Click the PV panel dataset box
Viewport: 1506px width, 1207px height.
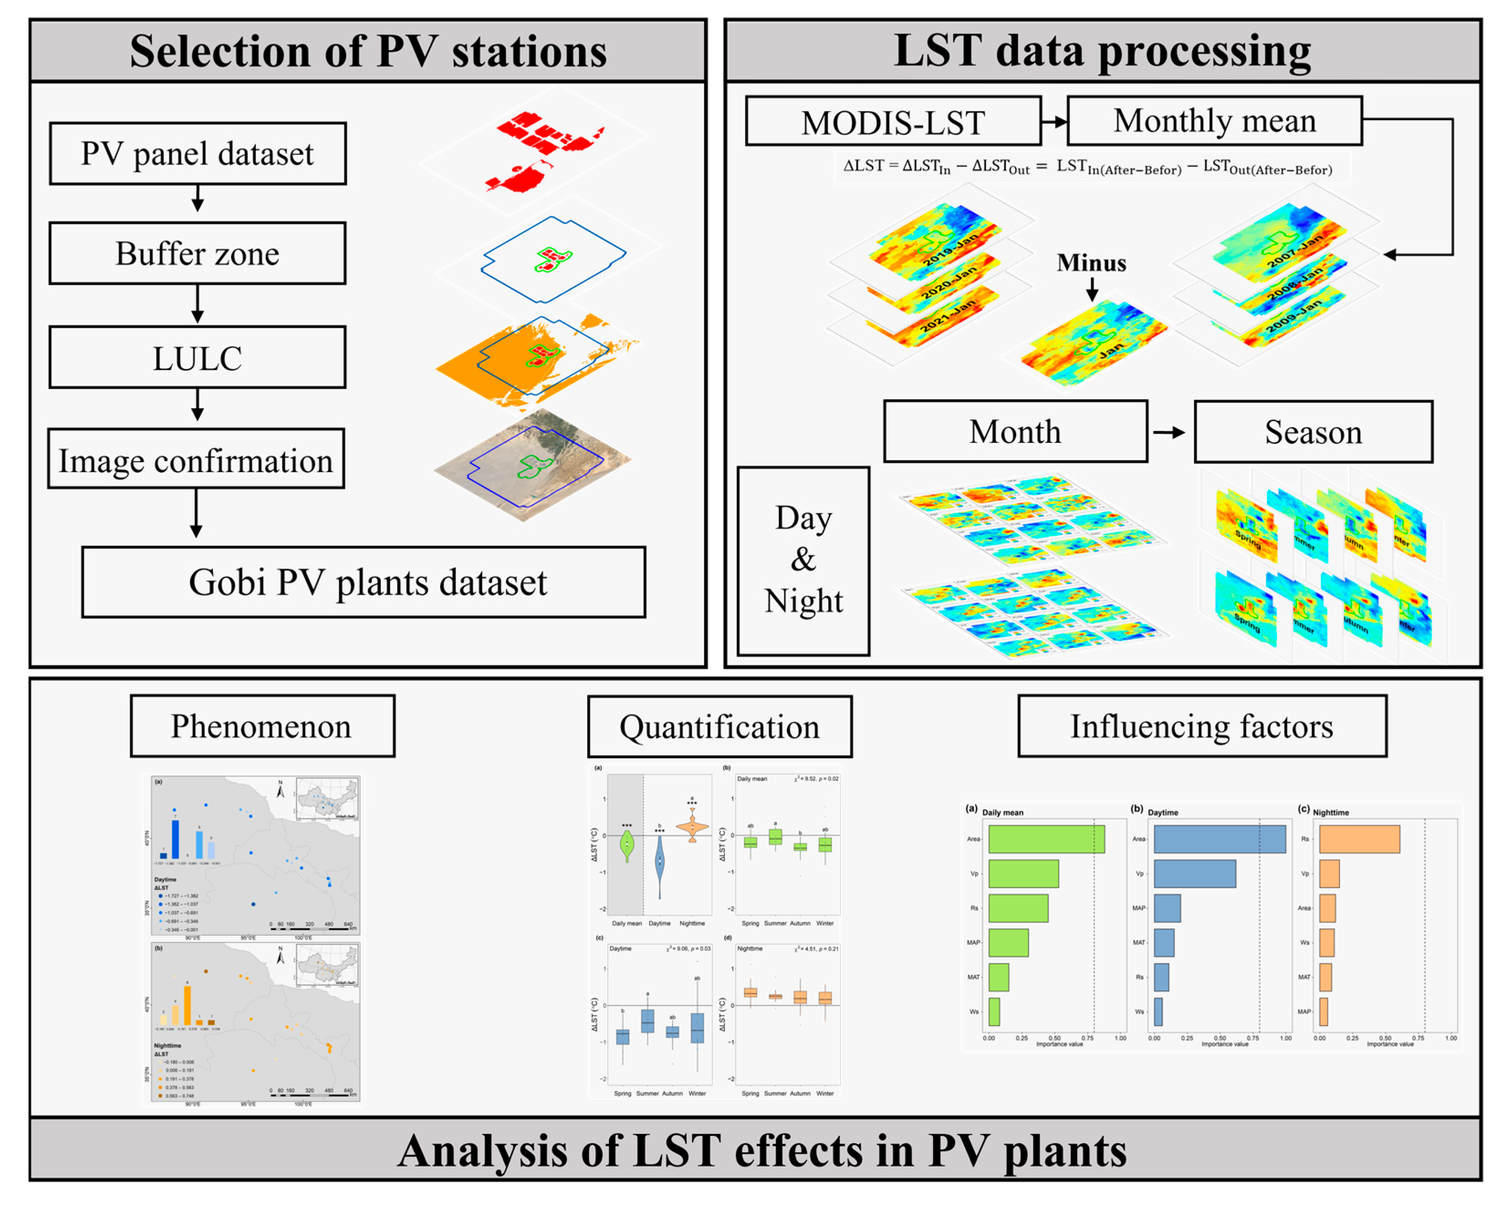(198, 154)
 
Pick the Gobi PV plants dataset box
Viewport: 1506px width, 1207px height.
(363, 582)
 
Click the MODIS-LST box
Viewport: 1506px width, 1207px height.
(893, 121)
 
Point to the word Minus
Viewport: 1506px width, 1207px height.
(1091, 263)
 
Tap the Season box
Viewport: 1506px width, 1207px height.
(1313, 432)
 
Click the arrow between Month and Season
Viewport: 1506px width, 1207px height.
(1169, 432)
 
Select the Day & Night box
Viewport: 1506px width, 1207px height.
(803, 561)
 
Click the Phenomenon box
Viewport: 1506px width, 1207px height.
(263, 726)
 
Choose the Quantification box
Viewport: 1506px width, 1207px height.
(719, 726)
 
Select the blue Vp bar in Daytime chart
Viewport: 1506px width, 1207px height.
(1194, 874)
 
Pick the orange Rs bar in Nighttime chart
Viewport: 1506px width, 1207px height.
(1359, 839)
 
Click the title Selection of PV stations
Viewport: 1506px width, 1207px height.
(368, 51)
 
